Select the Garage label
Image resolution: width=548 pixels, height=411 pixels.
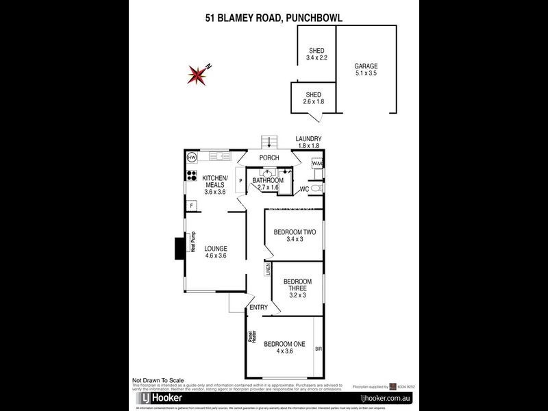[x=366, y=66]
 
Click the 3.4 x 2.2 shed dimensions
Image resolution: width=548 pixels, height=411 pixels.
[x=316, y=58]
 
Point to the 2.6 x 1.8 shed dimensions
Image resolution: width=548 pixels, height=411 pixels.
[x=314, y=101]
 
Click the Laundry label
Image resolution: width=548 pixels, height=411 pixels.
[x=308, y=139]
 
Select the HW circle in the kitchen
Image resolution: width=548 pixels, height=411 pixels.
[x=191, y=158]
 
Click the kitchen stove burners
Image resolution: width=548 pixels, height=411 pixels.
[x=191, y=175]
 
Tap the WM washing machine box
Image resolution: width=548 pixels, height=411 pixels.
[x=316, y=164]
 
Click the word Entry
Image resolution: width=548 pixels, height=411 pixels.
[x=258, y=308]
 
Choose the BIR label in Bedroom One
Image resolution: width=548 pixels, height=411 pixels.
[x=318, y=349]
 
